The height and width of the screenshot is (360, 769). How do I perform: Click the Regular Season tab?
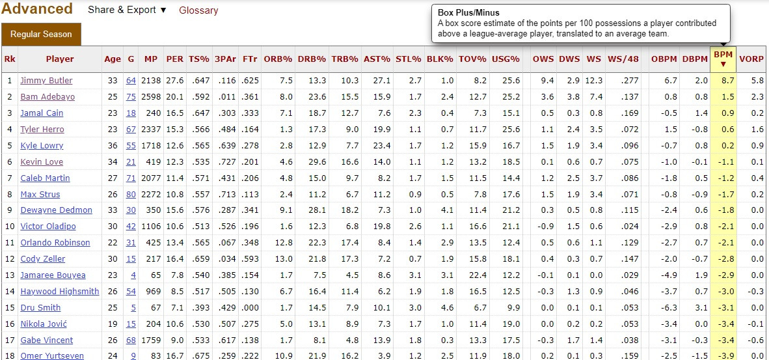tap(41, 34)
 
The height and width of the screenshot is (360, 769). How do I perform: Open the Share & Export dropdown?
tap(127, 10)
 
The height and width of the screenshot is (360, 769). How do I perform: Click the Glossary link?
tap(198, 10)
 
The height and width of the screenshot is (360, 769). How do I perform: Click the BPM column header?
tap(723, 59)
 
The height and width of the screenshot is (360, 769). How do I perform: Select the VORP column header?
tap(751, 59)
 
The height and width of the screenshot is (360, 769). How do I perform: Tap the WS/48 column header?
tap(623, 59)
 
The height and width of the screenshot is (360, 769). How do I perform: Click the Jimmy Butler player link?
tap(46, 81)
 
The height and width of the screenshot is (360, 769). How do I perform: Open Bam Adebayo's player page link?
tap(47, 97)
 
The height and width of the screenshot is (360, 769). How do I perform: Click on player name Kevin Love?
tap(42, 161)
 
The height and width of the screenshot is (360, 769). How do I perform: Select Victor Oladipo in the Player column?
tap(47, 227)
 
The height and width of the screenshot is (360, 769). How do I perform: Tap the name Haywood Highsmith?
tap(59, 292)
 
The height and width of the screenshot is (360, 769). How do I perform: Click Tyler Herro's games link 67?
tap(131, 130)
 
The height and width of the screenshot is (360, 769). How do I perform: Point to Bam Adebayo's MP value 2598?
tap(151, 97)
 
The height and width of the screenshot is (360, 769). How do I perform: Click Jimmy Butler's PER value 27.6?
tap(174, 81)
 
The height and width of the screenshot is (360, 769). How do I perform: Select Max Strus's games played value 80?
tap(131, 194)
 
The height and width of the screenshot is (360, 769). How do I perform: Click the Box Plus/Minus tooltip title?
tap(468, 13)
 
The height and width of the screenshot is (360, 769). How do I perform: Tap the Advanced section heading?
tap(37, 9)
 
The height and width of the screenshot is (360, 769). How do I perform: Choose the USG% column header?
tap(506, 59)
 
